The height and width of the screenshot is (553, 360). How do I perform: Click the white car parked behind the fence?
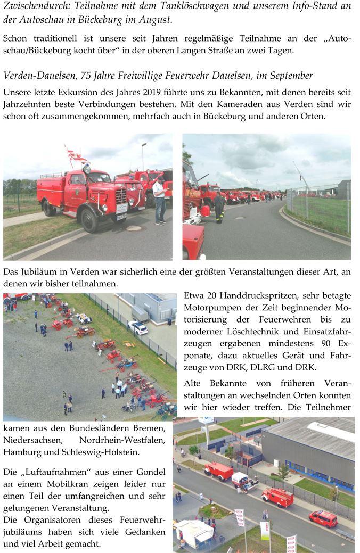tap(138, 328)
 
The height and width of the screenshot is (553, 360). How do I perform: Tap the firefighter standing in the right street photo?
tap(219, 208)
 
